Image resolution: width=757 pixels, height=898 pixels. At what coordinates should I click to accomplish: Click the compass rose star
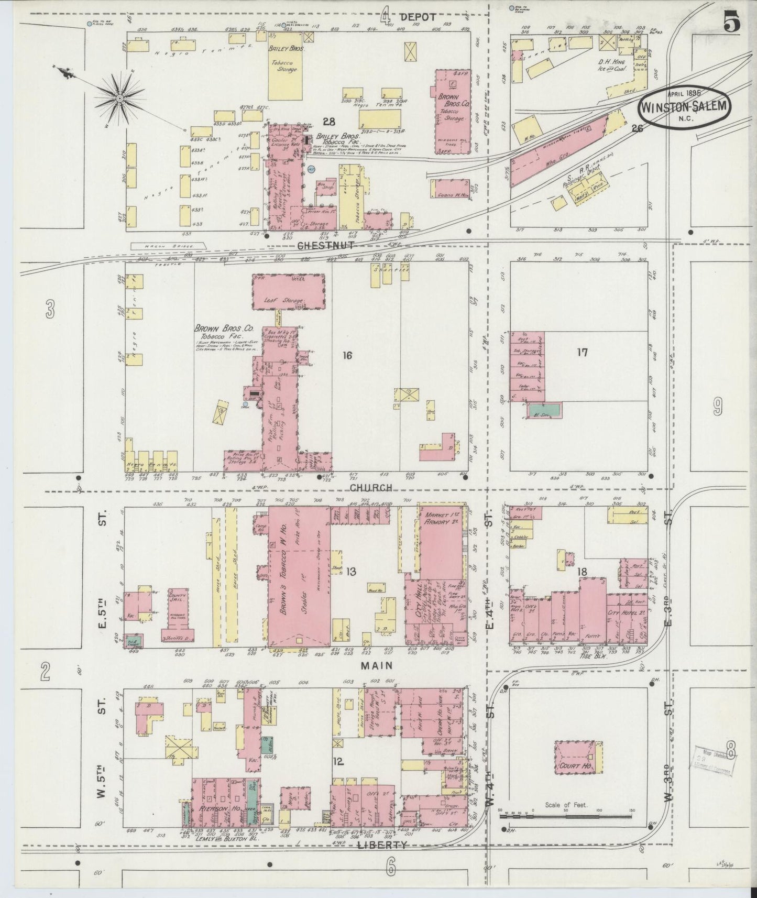pos(120,98)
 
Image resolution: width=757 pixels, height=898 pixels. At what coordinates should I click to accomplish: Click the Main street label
pos(373,665)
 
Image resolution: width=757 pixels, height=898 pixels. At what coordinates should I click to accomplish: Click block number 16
pos(347,356)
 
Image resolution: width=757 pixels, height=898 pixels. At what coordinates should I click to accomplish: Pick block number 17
pos(582,352)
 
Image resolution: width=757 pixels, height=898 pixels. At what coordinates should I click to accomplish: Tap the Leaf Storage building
pos(290,291)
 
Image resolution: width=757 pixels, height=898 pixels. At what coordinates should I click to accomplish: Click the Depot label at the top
pos(418,17)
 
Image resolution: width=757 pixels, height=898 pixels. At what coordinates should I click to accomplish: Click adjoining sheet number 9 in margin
pos(717,406)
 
